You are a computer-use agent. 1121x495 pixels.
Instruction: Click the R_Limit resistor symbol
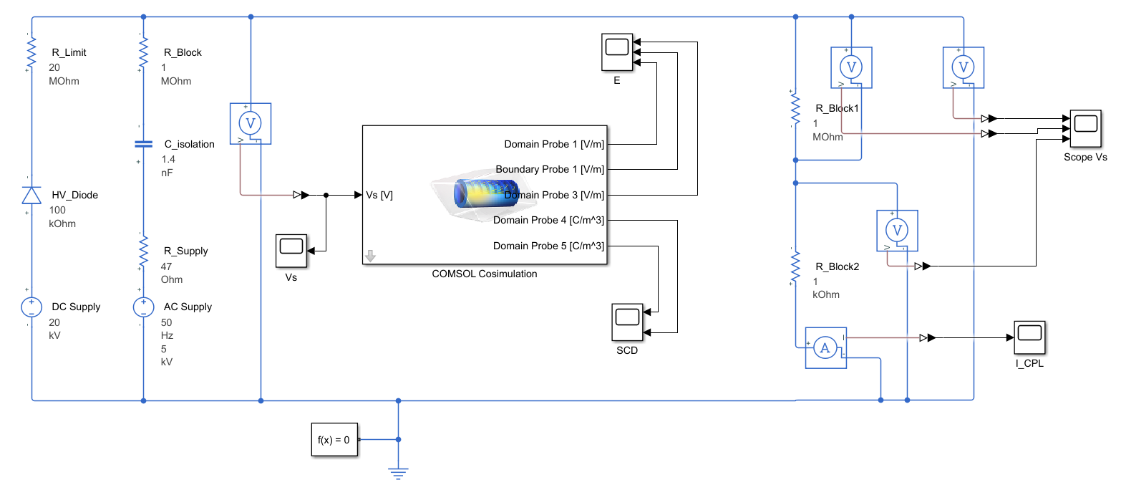coord(31,52)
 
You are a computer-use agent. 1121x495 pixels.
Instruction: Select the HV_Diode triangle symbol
coord(31,195)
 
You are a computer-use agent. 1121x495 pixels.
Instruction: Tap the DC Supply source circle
coord(31,307)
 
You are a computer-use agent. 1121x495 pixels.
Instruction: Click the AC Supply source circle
coord(144,307)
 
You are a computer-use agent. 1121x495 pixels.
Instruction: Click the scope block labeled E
coord(616,52)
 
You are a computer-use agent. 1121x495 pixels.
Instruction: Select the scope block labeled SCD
coord(628,322)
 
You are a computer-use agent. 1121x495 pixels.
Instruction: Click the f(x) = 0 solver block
coord(334,440)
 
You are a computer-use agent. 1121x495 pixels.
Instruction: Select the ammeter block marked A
coord(825,348)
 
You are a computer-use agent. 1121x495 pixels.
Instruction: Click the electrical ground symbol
coord(399,473)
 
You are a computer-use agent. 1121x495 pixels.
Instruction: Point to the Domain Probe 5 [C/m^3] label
coord(548,246)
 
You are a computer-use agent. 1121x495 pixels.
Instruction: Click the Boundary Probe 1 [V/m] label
coord(550,170)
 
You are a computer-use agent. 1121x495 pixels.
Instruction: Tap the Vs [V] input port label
coord(379,195)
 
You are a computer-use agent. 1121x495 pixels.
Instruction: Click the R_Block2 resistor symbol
coord(795,267)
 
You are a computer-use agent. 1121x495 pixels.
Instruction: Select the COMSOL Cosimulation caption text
coord(484,274)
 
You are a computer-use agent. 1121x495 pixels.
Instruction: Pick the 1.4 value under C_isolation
coord(168,159)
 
